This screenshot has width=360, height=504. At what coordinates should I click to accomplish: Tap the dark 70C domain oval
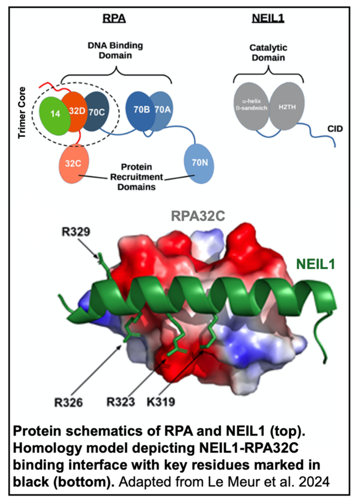pyautogui.click(x=95, y=112)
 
